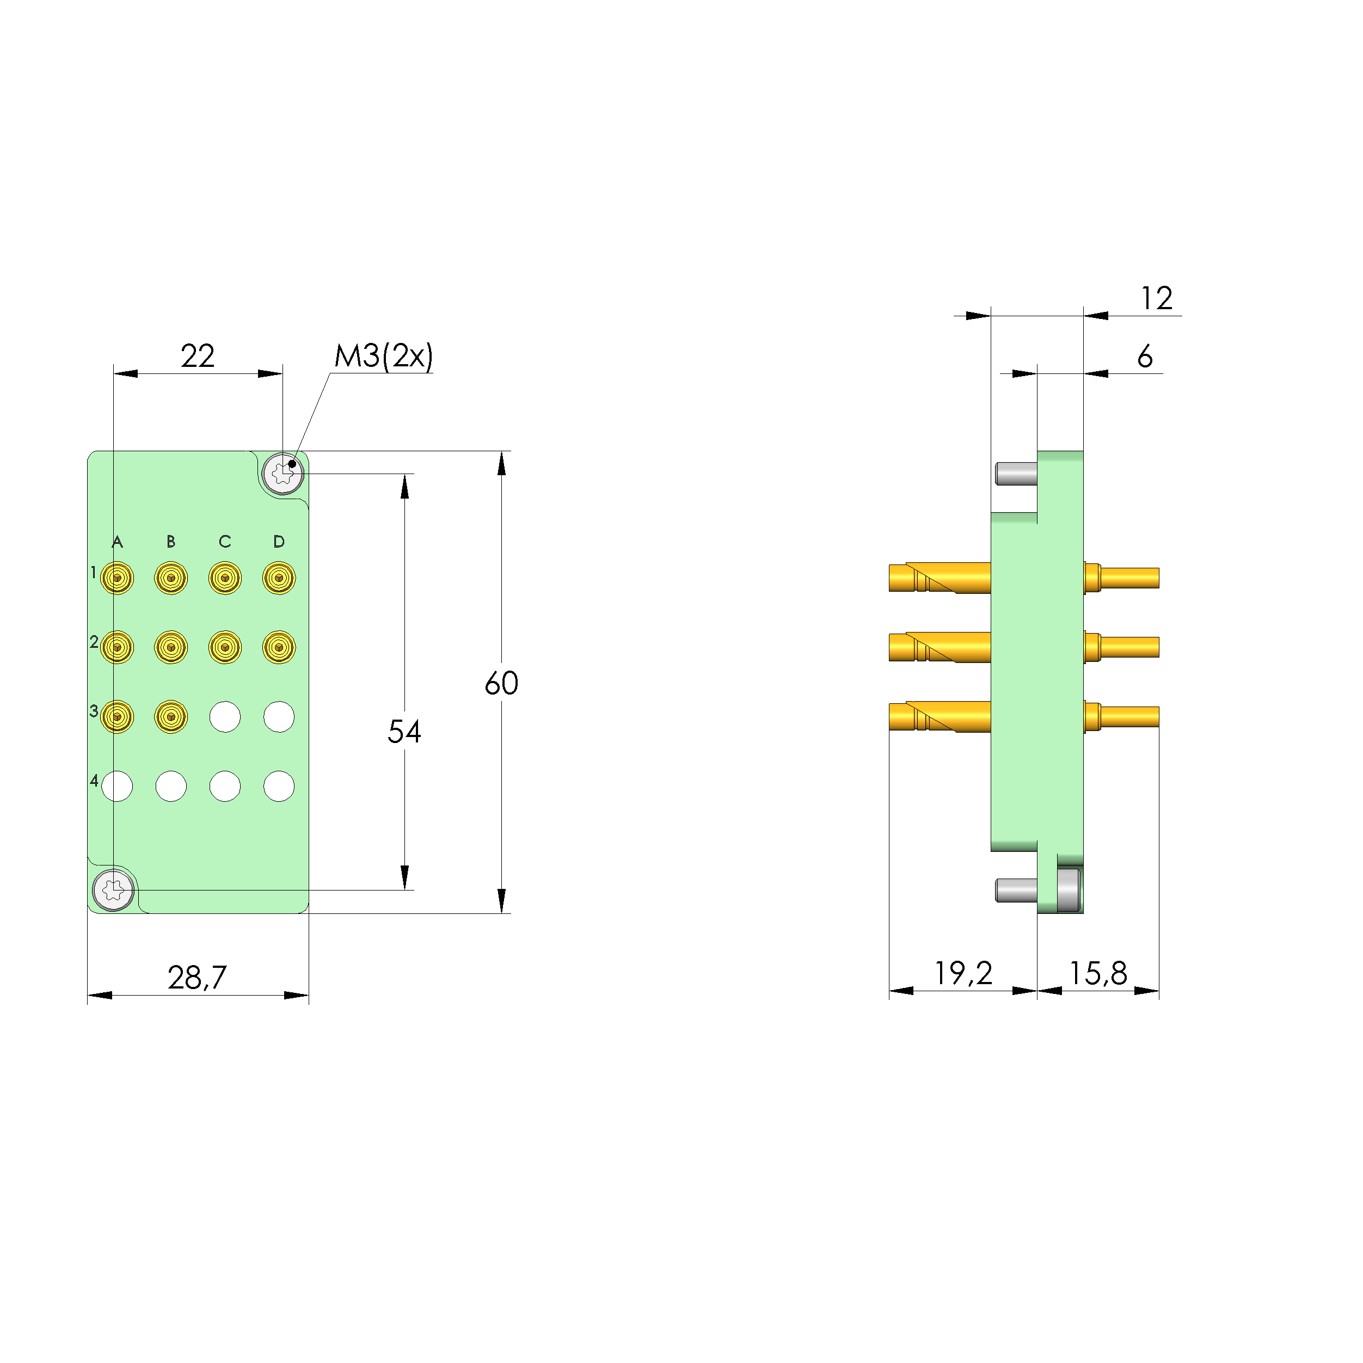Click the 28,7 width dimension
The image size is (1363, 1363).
click(x=197, y=978)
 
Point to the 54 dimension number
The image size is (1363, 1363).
click(x=404, y=732)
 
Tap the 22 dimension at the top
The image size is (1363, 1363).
click(x=198, y=355)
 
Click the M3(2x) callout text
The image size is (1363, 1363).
click(x=383, y=357)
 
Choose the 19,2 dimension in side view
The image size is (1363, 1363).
click(x=963, y=974)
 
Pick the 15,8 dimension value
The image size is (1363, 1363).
click(x=1098, y=974)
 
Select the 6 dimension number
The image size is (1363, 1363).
click(x=1145, y=357)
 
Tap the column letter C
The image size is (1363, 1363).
click(x=225, y=541)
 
